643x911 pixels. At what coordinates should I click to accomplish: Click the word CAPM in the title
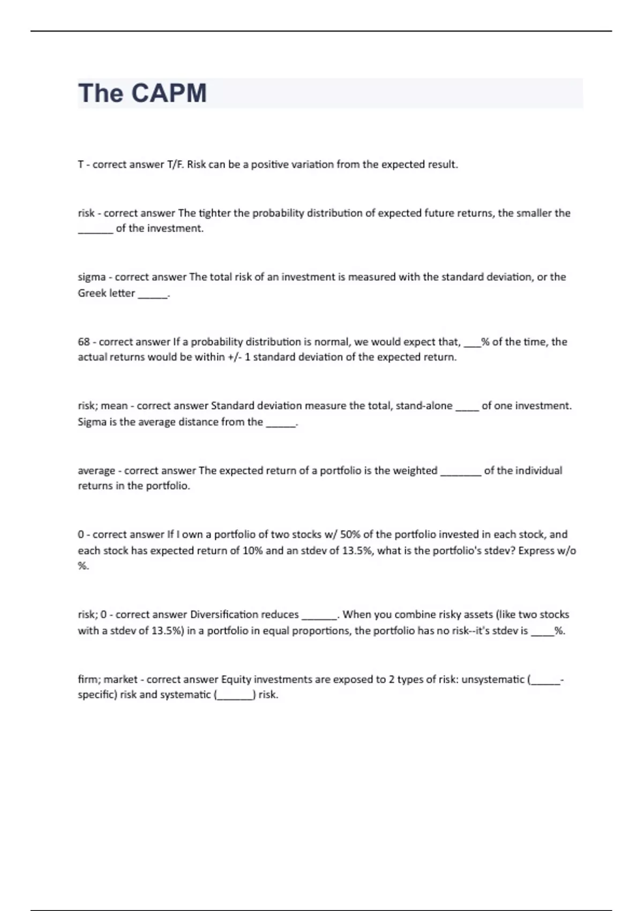(x=169, y=93)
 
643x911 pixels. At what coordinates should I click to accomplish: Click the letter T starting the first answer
(x=81, y=165)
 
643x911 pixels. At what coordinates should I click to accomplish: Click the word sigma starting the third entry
(x=92, y=277)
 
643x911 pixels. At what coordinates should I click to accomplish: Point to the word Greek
(x=91, y=293)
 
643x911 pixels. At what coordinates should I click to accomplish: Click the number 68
(x=84, y=342)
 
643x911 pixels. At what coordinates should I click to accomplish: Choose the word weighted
(x=415, y=471)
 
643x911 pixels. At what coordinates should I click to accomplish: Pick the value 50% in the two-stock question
(x=350, y=534)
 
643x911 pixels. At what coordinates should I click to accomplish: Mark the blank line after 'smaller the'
(x=95, y=232)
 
